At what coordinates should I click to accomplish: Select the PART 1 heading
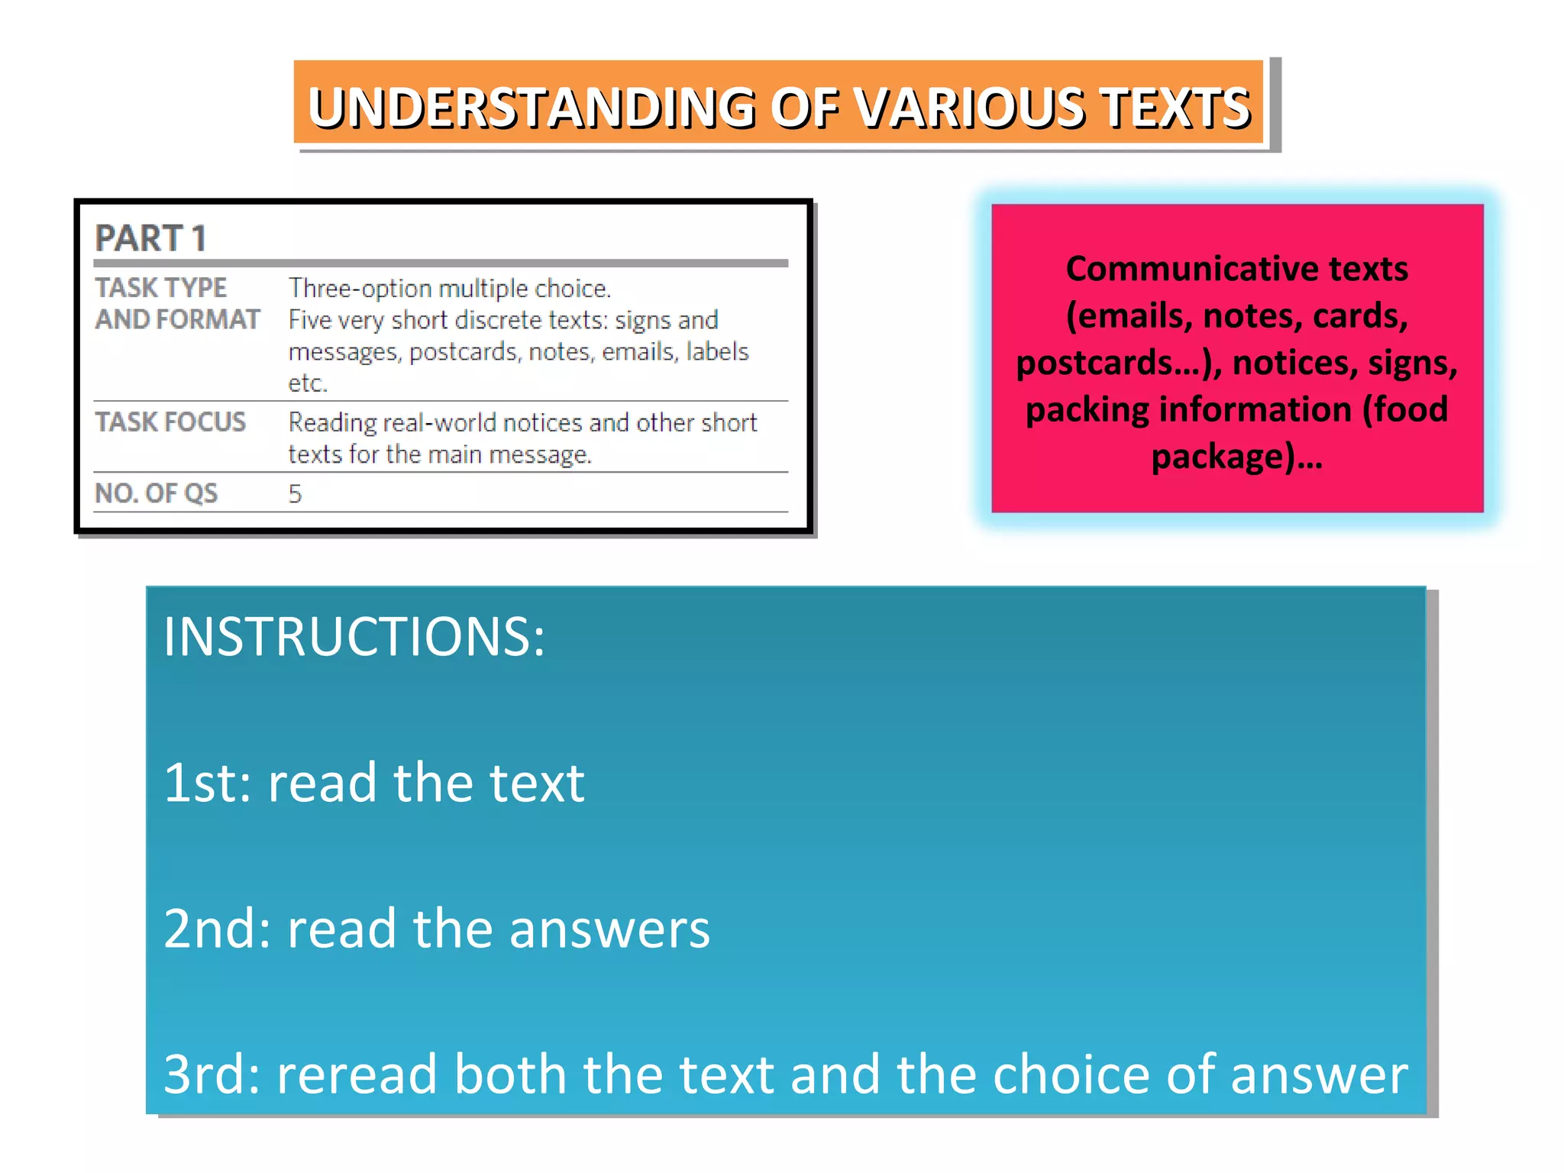coord(150,238)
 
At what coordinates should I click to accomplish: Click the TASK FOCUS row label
coord(170,422)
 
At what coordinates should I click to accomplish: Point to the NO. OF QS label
coord(156,493)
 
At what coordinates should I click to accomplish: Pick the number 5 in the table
coord(295,494)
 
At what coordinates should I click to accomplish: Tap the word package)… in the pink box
coord(1236,457)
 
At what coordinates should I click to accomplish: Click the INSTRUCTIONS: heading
coord(354,637)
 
